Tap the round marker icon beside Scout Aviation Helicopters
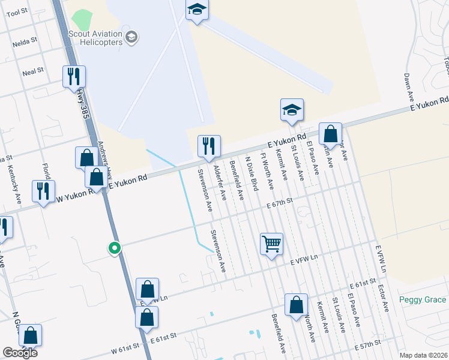pos(132,37)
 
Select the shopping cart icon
pos(271,244)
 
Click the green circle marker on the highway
pos(113,247)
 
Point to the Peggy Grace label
pos(423,299)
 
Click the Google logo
pos(20,353)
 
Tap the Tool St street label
pos(17,11)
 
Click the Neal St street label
pos(33,71)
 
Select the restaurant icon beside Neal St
pos(74,76)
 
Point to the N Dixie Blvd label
pos(252,174)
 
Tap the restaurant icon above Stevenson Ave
pos(209,146)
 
